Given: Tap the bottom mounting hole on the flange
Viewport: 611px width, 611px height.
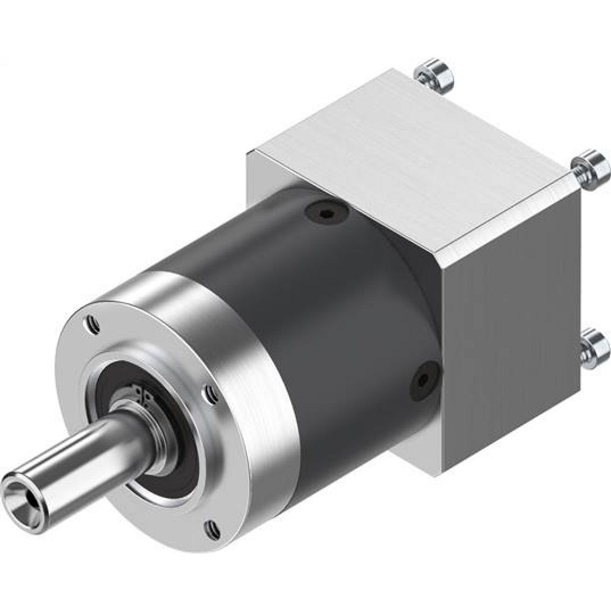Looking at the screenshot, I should point(212,529).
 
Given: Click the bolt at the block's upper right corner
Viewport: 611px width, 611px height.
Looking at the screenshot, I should point(591,166).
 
